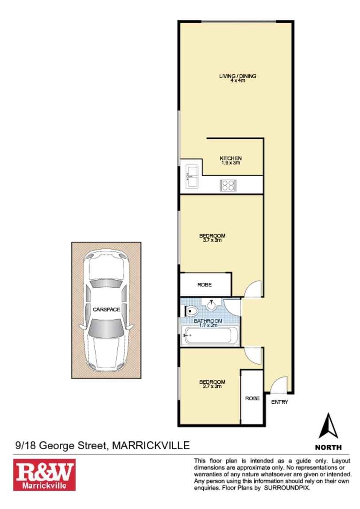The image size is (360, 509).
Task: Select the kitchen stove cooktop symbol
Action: click(228, 186)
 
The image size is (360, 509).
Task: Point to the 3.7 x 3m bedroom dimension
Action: click(212, 240)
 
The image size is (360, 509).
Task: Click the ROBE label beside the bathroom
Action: click(205, 285)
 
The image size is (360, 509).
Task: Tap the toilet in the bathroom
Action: click(191, 312)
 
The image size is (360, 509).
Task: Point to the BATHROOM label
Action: click(208, 321)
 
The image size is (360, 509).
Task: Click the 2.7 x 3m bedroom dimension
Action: click(212, 386)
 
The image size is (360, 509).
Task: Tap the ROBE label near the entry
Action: click(252, 398)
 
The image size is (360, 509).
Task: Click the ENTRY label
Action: click(279, 402)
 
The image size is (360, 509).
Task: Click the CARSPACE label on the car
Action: click(106, 309)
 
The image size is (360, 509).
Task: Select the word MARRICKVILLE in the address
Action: click(151, 445)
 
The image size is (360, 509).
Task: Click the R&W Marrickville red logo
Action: click(44, 474)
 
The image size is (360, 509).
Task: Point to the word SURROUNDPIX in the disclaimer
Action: click(286, 488)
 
